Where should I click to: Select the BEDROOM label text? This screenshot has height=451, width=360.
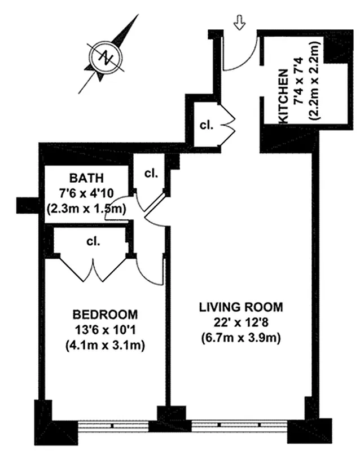click(104, 314)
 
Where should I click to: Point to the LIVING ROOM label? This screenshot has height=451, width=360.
click(240, 307)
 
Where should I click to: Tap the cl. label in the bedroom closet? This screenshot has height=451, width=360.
click(93, 241)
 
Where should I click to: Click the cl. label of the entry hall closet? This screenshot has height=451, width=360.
click(205, 125)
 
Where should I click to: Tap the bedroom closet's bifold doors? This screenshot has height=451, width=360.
click(94, 269)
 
